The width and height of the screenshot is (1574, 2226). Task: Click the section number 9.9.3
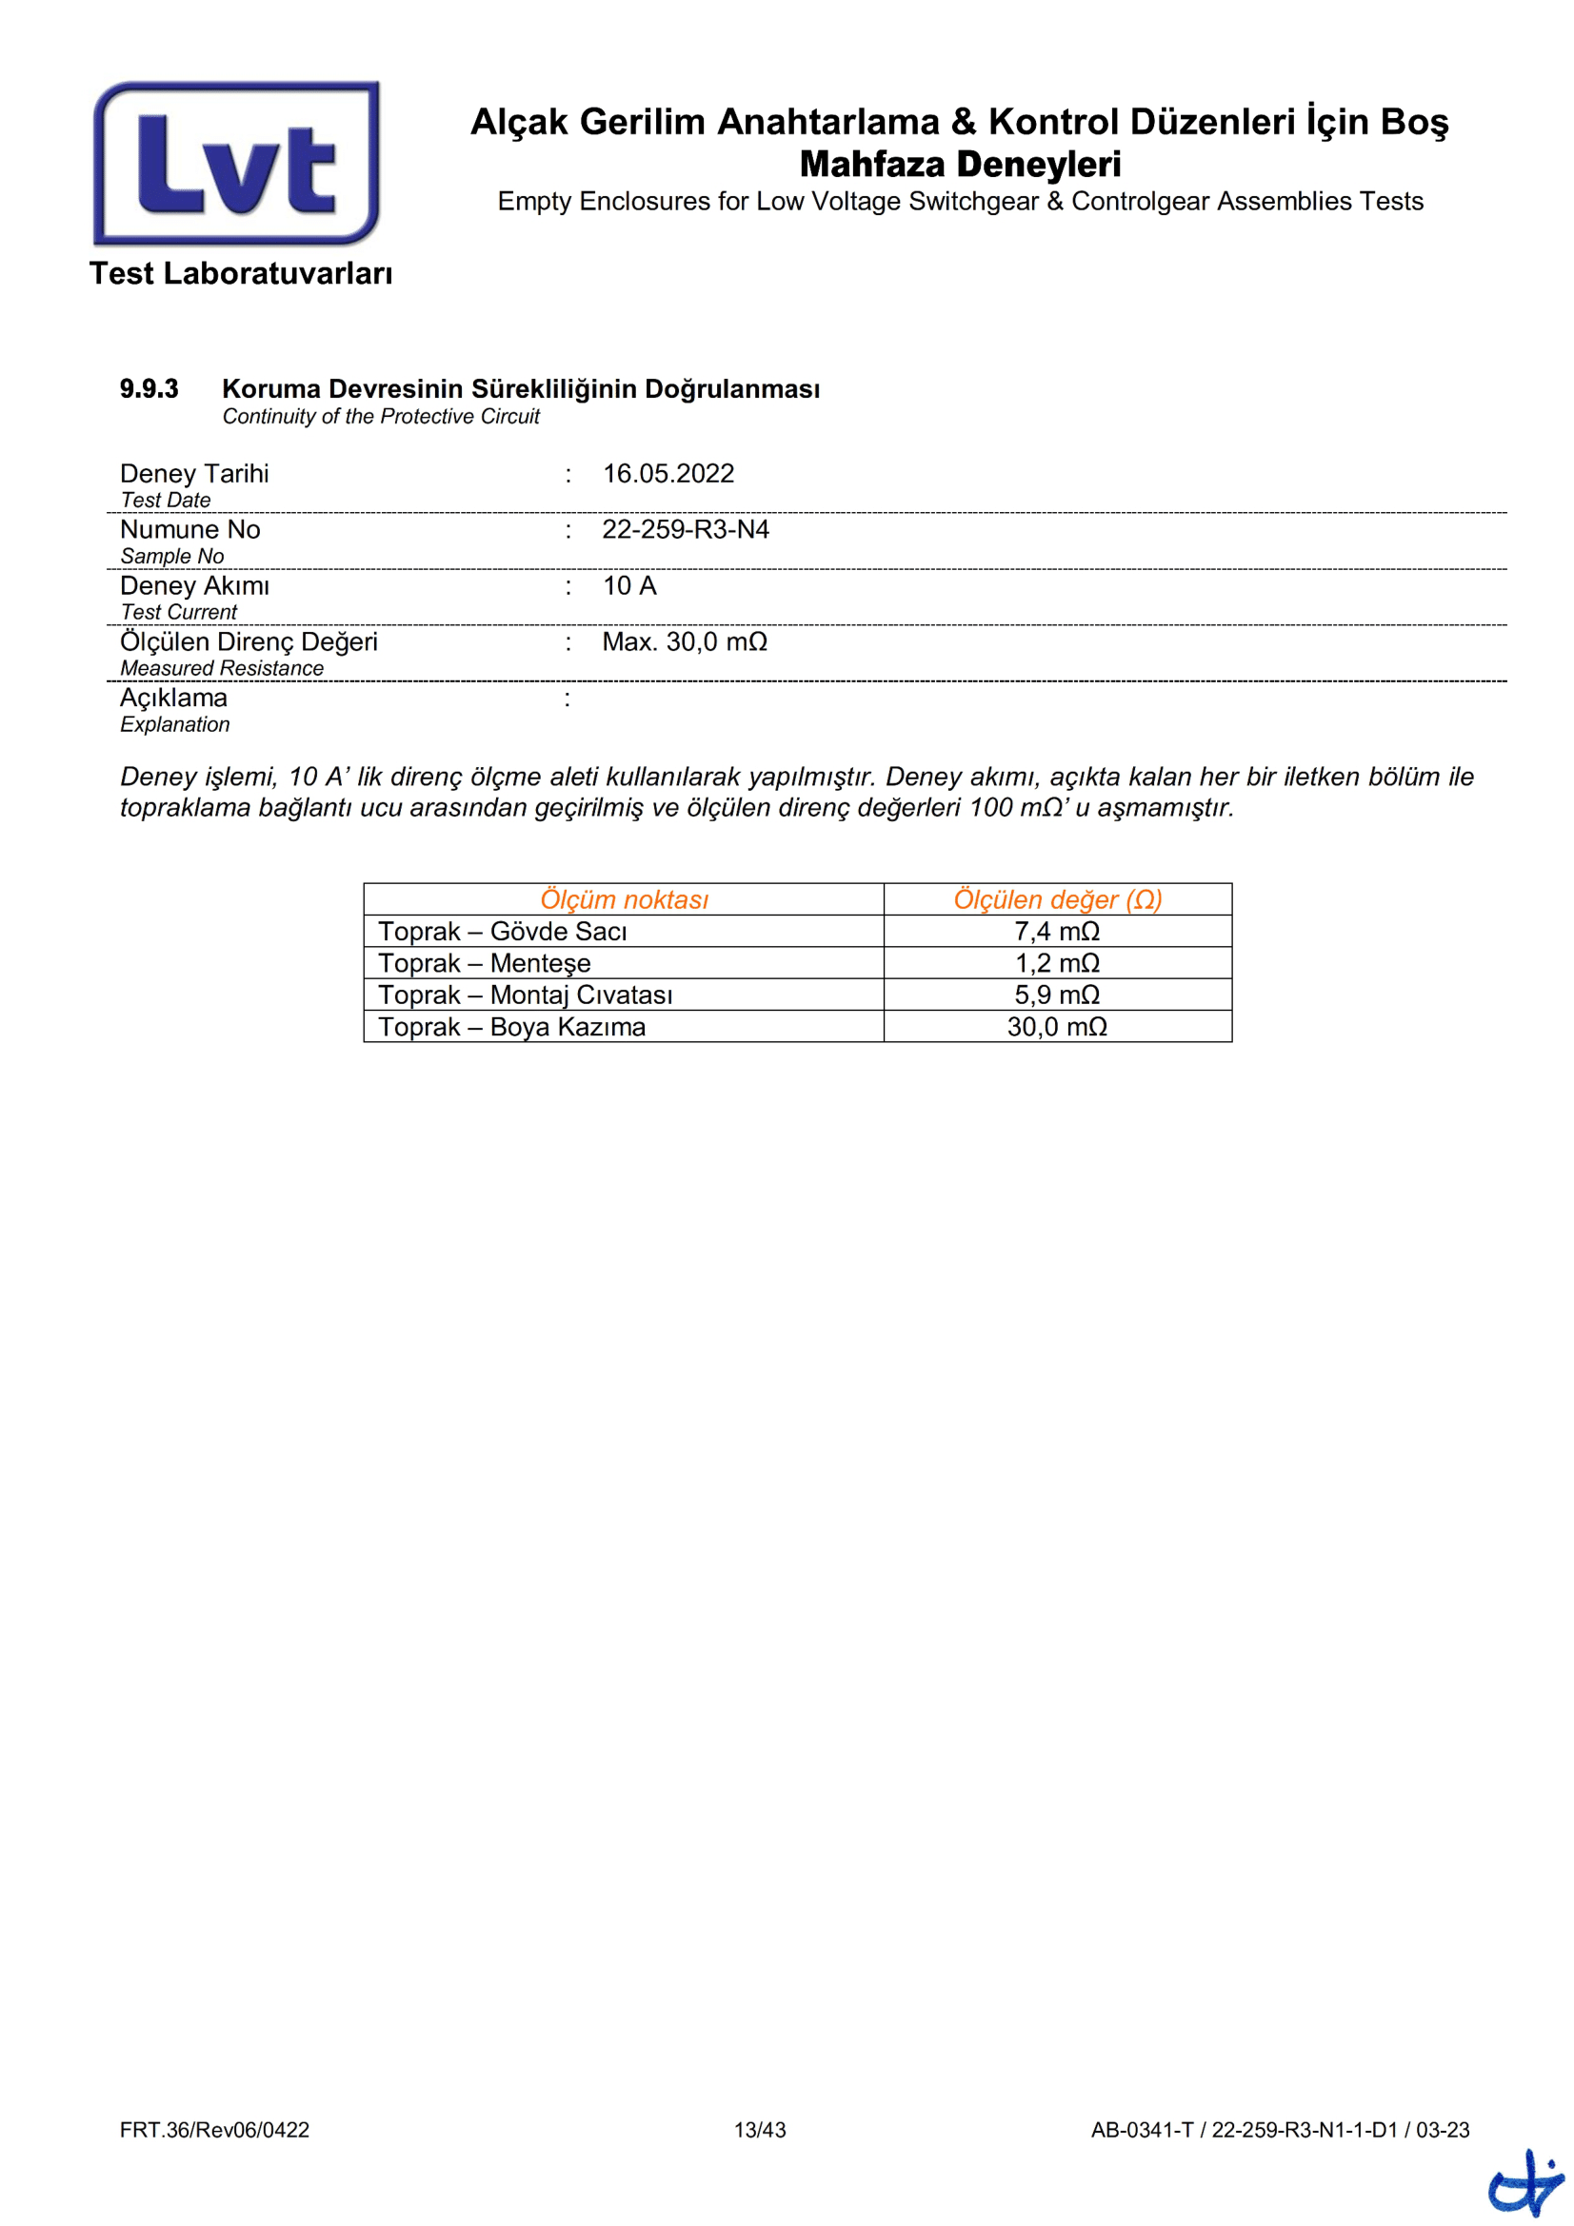(149, 389)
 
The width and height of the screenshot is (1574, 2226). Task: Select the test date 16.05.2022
(668, 473)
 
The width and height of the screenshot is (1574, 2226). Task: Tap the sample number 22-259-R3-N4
(685, 529)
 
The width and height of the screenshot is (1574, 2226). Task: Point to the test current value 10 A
(629, 585)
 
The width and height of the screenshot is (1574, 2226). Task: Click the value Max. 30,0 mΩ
(684, 641)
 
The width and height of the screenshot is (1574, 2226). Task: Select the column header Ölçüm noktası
(624, 899)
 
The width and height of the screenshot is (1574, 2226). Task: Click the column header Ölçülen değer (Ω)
(1057, 899)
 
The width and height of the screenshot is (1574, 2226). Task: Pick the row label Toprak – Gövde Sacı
(503, 932)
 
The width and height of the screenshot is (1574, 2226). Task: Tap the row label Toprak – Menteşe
(484, 964)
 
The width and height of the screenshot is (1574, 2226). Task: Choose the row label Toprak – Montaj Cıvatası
(525, 995)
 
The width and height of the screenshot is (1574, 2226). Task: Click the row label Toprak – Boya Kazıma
(511, 1027)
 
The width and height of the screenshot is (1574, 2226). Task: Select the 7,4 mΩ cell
(1057, 932)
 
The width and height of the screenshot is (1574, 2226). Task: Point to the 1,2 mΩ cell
(1057, 964)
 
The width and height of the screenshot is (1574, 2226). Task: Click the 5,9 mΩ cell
(1057, 995)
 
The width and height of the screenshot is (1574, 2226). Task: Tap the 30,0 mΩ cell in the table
(1057, 1027)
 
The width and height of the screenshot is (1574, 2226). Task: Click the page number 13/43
(759, 2130)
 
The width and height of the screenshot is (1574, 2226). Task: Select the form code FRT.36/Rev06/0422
(214, 2130)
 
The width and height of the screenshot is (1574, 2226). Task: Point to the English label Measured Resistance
(221, 668)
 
